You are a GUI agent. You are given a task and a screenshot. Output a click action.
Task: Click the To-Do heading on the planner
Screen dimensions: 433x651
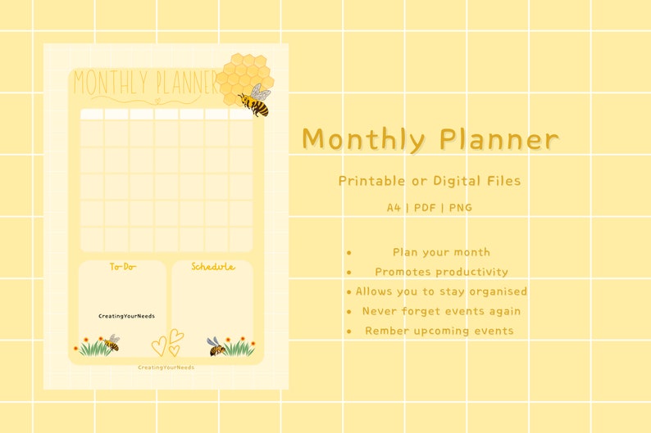(x=123, y=267)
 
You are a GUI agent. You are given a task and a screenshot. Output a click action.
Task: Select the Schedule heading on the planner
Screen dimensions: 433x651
(x=212, y=267)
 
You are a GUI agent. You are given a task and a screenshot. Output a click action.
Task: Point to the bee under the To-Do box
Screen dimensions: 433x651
(x=111, y=342)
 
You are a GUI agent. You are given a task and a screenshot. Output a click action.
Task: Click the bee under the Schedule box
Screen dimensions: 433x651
(x=216, y=346)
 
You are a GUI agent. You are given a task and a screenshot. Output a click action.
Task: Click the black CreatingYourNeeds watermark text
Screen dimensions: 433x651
(x=126, y=316)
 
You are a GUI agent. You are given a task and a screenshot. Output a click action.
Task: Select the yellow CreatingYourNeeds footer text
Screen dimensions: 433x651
(x=166, y=368)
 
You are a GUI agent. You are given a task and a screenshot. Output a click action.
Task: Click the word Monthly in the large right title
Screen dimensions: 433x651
(x=363, y=140)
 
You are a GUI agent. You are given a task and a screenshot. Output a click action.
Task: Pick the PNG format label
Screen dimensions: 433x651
(x=461, y=208)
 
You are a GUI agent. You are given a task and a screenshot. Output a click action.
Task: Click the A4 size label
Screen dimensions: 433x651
(x=394, y=208)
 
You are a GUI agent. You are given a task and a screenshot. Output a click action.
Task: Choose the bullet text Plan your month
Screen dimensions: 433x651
(x=441, y=252)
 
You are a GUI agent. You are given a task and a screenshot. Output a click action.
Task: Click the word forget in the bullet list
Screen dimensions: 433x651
(x=421, y=311)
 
